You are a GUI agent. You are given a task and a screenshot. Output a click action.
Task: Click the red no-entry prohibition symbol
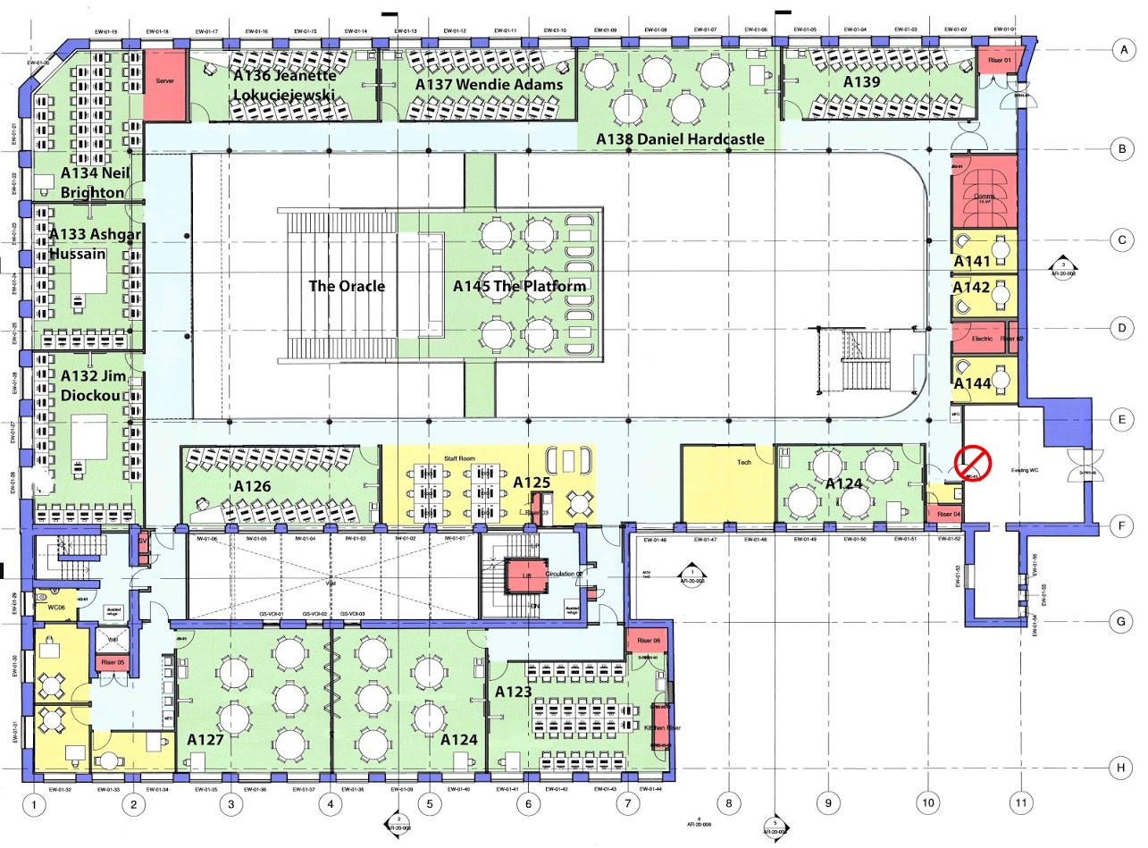973,463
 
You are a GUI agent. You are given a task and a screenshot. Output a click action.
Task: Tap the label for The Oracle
347,287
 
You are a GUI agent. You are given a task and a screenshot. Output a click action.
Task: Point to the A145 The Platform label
519,287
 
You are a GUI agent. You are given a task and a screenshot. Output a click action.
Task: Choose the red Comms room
984,192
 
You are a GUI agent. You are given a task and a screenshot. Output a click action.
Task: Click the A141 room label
972,261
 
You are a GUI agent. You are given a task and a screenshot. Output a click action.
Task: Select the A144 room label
972,383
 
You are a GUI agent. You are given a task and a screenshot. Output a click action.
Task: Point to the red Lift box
526,576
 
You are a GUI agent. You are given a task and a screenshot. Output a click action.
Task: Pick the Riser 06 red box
648,642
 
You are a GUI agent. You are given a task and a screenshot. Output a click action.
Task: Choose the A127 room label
205,740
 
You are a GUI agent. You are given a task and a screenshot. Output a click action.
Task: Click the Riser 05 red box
113,663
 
